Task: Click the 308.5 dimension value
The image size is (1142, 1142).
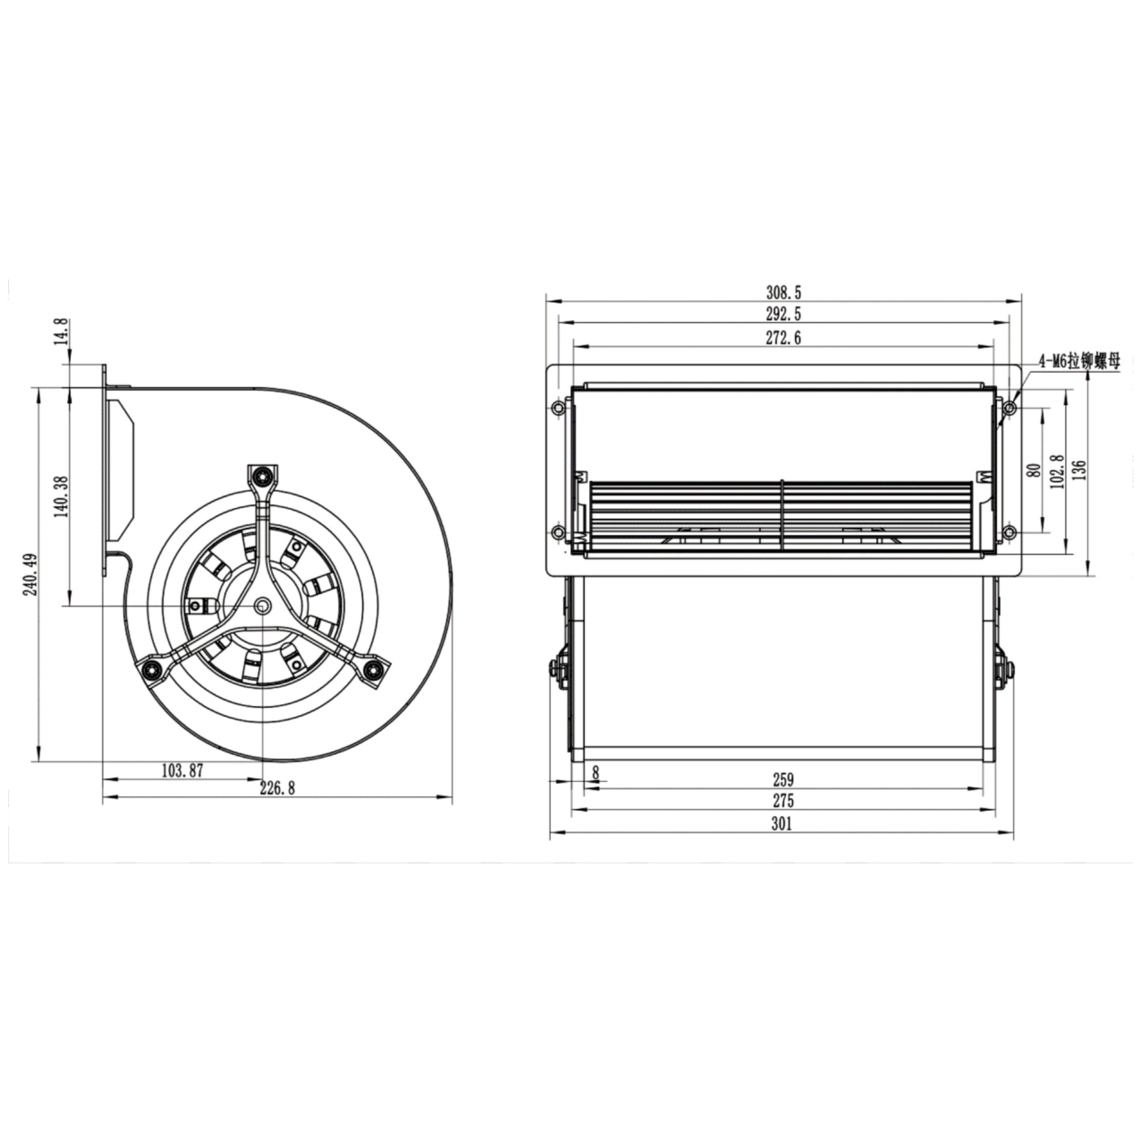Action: point(783,293)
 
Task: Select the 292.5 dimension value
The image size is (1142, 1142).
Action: point(783,314)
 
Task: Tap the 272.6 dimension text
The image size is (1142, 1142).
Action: point(783,338)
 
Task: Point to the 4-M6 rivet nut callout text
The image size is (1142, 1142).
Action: point(1080,362)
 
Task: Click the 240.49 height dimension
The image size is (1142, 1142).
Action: point(31,574)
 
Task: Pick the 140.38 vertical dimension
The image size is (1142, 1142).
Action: point(61,496)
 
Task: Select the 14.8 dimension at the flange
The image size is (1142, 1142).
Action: point(61,331)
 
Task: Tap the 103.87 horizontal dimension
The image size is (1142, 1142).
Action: point(183,771)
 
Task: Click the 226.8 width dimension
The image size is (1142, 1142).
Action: point(277,788)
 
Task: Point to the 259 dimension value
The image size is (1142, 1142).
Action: point(783,780)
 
